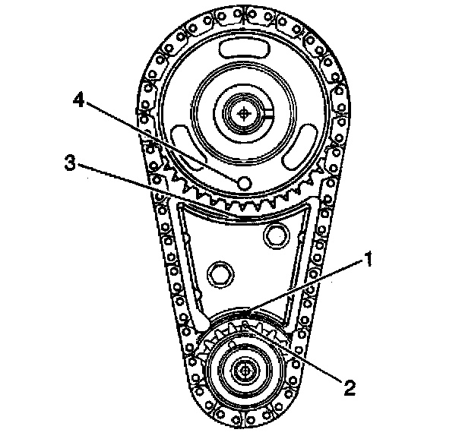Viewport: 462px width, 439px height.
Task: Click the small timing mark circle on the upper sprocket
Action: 244,183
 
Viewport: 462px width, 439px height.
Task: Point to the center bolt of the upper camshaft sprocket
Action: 243,114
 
